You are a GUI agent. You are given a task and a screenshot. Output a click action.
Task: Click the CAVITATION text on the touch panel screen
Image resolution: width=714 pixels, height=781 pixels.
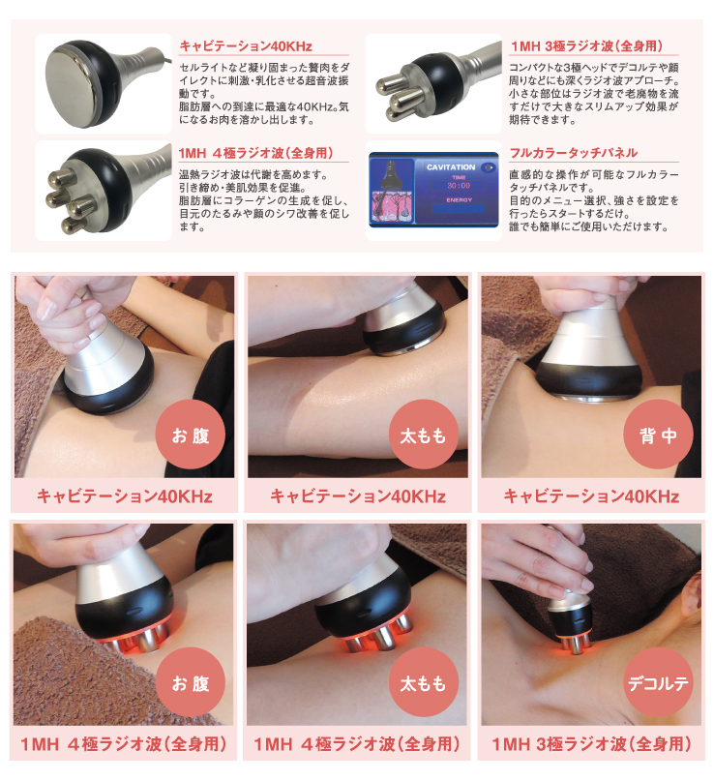click(x=451, y=168)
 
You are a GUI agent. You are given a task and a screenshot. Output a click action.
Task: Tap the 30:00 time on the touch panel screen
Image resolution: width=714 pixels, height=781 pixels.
click(x=451, y=186)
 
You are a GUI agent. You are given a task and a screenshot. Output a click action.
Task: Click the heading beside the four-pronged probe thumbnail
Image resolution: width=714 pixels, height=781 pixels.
click(x=256, y=153)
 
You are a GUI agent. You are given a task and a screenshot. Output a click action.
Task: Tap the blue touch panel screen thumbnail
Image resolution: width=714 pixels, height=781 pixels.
click(x=435, y=191)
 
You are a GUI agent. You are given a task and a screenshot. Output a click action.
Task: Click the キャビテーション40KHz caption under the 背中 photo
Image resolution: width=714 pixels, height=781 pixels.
click(x=591, y=496)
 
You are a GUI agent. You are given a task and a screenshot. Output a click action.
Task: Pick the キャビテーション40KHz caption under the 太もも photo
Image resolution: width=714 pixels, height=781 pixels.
click(x=358, y=496)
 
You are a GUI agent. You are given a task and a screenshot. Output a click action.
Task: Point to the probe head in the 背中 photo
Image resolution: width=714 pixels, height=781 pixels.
click(x=590, y=368)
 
